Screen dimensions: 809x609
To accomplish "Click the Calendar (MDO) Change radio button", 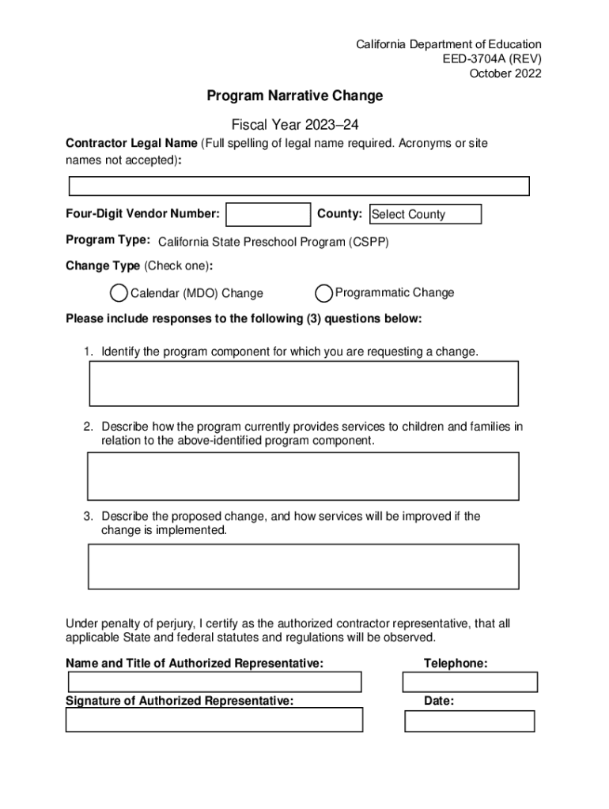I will [119, 293].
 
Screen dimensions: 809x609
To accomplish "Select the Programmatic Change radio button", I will [323, 293].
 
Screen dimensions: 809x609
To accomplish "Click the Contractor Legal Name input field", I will [299, 186].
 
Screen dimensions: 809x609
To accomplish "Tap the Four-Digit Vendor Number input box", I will [268, 214].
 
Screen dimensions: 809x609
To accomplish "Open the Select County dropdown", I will [426, 214].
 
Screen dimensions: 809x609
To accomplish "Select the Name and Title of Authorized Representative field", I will [214, 682].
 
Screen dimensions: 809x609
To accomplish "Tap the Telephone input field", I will [470, 682].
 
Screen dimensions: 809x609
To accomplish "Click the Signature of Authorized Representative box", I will [214, 720].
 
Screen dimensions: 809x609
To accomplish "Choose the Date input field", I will [470, 721].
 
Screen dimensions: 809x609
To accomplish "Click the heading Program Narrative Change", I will [295, 96].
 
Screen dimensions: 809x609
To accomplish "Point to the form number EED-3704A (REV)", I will [492, 59].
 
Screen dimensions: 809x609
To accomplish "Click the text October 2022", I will [505, 74].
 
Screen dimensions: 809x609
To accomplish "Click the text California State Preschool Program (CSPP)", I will [274, 243].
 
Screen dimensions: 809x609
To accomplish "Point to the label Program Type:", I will [108, 240].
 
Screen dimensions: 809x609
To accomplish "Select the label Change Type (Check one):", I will [139, 265].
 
